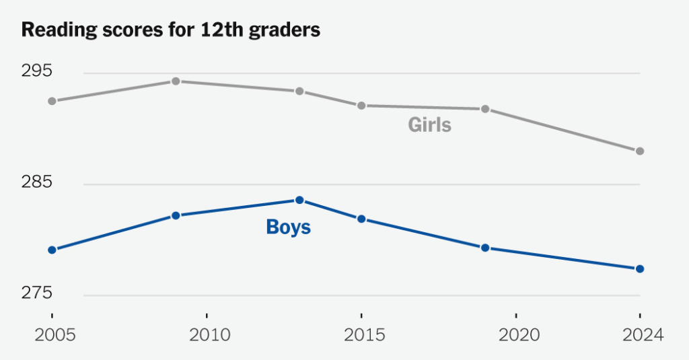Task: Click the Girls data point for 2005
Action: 52,101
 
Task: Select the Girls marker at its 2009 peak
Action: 176,81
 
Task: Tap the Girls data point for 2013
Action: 299,92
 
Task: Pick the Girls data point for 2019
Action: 484,109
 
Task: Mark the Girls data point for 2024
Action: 640,151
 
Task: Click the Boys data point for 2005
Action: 52,250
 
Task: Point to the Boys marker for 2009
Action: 176,216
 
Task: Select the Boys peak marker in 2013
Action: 299,200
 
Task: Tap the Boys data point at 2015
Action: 361,219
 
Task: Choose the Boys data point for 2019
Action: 484,248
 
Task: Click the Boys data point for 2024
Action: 640,269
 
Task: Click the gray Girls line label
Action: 429,125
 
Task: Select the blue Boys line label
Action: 289,227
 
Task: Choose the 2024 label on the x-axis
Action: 641,334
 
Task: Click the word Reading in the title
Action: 54,30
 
